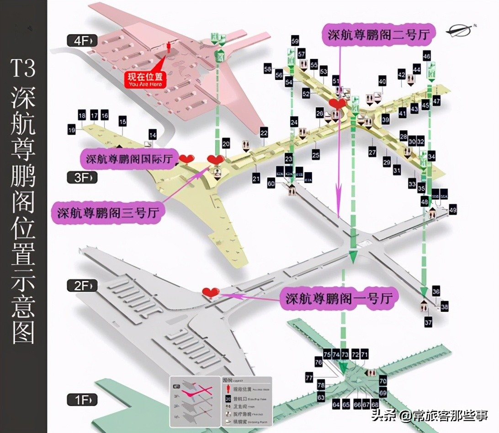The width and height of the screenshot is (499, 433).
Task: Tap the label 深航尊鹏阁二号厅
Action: (379, 34)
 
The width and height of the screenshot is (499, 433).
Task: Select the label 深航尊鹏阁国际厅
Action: (129, 159)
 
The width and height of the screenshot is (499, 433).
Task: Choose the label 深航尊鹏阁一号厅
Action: (339, 299)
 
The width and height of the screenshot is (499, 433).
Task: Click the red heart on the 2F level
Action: (211, 292)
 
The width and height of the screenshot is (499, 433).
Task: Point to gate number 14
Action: (152, 135)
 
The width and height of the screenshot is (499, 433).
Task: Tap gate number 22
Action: (264, 133)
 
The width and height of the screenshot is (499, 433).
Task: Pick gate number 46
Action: (427, 57)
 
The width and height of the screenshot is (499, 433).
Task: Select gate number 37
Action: (428, 322)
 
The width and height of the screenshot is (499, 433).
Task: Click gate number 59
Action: (295, 42)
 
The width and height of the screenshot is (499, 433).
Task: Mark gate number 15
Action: (122, 121)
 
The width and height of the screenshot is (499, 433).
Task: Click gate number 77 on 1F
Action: (309, 378)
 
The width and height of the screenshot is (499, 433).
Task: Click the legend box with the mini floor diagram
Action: (221, 401)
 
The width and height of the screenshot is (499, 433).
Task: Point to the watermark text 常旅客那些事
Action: (451, 416)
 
